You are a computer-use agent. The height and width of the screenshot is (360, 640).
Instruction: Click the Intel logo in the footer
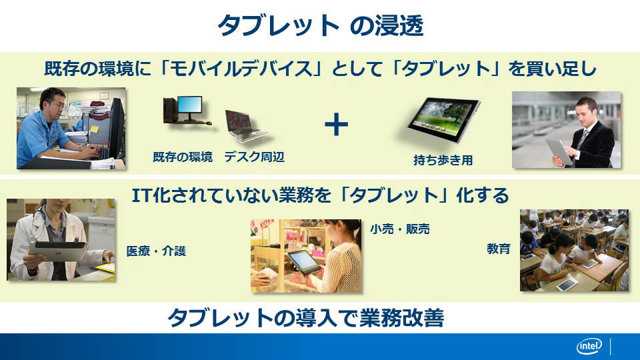click(589, 347)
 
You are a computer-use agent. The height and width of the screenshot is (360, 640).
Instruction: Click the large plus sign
click(336, 125)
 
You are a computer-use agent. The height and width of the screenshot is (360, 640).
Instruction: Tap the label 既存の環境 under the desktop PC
click(183, 157)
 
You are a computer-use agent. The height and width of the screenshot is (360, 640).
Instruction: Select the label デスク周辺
click(254, 157)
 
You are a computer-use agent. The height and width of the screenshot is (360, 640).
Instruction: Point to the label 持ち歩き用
click(443, 160)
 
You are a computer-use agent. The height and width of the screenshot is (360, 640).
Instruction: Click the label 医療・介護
click(156, 251)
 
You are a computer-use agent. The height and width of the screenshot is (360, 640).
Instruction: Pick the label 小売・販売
click(400, 229)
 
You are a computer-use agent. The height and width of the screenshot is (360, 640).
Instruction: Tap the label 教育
click(499, 249)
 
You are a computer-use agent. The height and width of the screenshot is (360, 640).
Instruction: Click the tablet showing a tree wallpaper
click(444, 119)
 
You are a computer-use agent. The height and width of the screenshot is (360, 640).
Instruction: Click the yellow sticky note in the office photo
click(94, 129)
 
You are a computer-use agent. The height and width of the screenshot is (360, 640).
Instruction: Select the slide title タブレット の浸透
click(321, 26)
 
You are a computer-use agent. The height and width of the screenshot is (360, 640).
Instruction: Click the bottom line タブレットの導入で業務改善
click(306, 317)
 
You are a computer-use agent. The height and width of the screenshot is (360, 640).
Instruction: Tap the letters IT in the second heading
click(141, 195)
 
